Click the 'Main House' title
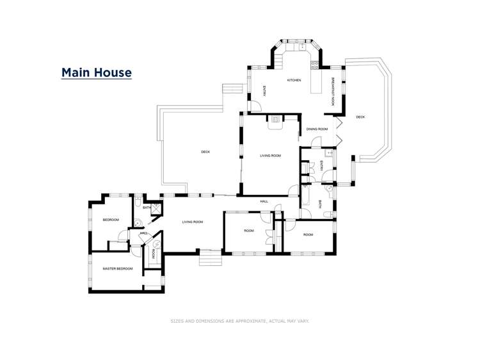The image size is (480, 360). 96,72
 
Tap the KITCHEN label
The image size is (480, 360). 294,80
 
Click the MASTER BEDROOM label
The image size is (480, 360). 118,268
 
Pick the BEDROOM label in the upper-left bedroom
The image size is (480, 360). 111,220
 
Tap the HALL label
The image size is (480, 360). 264,201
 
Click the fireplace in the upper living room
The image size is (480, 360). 275,119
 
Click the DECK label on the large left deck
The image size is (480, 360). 205,152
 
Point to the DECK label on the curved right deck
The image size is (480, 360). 360,117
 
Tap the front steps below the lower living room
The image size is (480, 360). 209,259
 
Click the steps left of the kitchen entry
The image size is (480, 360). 230,90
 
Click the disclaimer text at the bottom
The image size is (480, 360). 239,320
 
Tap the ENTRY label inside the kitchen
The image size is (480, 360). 265,91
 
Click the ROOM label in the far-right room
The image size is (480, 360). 308,234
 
